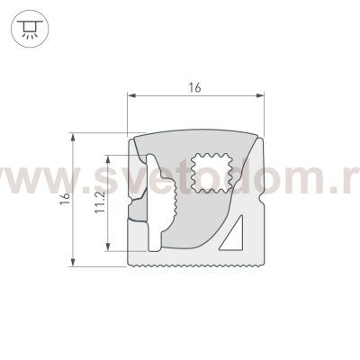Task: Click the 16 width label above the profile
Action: coord(193,87)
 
